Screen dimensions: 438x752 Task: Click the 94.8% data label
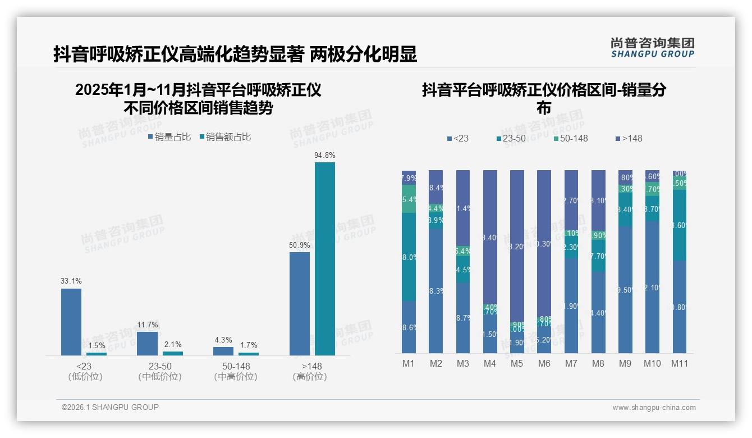324,155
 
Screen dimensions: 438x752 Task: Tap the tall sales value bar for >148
324,258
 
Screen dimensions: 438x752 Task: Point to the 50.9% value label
300,245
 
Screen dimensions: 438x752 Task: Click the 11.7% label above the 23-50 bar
147,325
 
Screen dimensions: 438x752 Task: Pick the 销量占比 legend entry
169,136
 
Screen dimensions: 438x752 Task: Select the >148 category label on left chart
310,366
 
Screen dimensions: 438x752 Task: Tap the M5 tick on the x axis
516,363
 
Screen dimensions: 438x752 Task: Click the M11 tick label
680,363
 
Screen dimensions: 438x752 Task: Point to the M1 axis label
409,363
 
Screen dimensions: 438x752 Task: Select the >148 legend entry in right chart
629,138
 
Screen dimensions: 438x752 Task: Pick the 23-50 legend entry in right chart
511,138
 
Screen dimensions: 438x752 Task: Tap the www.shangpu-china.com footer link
654,408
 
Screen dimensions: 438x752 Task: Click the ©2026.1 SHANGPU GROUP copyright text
110,407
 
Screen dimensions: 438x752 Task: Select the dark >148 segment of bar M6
544,241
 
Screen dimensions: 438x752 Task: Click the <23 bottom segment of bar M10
652,286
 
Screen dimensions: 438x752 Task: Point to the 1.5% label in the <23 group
97,345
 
